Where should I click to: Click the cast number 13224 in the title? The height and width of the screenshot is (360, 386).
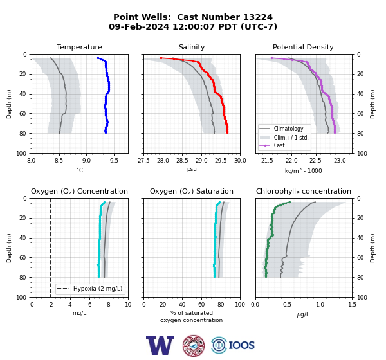[x=258, y=17]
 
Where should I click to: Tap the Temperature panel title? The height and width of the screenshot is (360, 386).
[x=79, y=47]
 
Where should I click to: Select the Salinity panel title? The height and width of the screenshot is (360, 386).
[x=192, y=47]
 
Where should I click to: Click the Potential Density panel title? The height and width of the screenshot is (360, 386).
[x=303, y=47]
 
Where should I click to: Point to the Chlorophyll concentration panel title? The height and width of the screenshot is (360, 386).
[x=304, y=191]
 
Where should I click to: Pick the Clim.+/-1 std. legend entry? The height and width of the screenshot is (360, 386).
[x=284, y=138]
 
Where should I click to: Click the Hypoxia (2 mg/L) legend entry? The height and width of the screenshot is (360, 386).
[x=90, y=289]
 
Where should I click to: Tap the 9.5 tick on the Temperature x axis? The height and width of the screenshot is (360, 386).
[x=114, y=161]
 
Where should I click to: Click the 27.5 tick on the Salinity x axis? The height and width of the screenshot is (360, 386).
[x=143, y=161]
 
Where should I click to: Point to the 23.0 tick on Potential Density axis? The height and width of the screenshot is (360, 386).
[x=340, y=161]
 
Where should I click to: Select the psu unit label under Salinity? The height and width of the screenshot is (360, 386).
[x=192, y=169]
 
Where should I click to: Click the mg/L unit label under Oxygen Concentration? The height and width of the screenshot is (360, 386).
[x=80, y=313]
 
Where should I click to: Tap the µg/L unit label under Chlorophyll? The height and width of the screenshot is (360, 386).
[x=303, y=314]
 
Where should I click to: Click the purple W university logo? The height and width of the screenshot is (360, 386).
[x=160, y=345]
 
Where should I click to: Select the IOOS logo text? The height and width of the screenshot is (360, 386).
[x=241, y=345]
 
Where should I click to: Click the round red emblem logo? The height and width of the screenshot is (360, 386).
[x=194, y=345]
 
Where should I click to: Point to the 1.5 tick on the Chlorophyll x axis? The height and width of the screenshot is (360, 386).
[x=353, y=305]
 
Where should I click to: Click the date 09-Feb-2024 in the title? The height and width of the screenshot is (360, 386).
[x=139, y=26]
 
